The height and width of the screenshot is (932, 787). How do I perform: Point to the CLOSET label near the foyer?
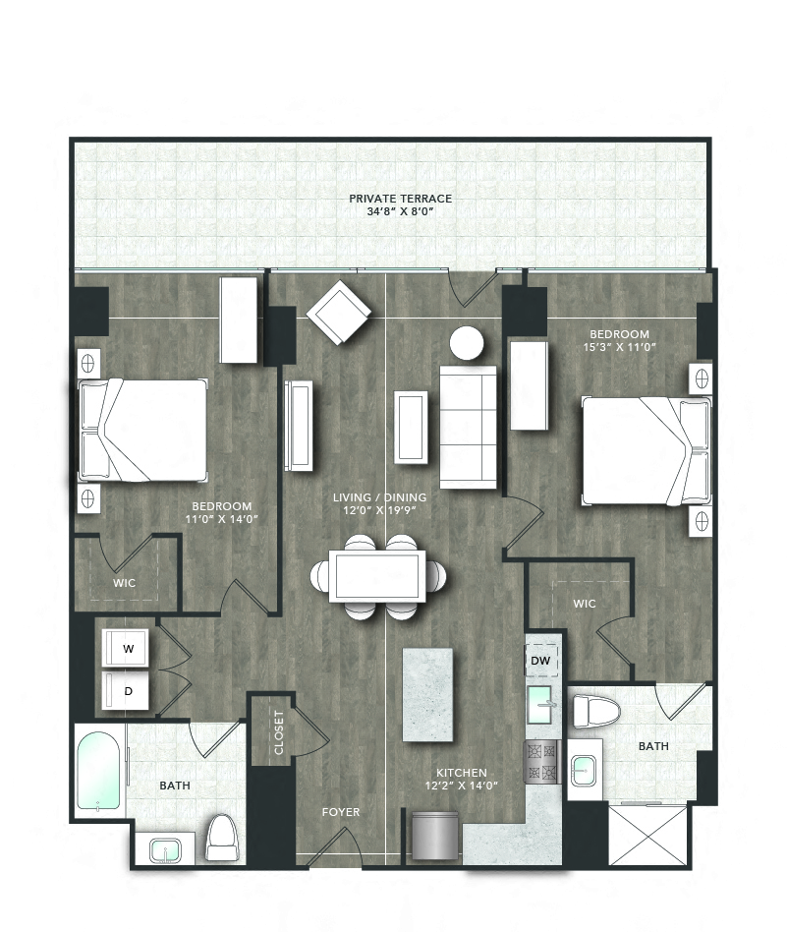tap(280, 731)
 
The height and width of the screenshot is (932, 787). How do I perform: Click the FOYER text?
tap(340, 812)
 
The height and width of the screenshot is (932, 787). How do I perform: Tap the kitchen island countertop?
tap(427, 695)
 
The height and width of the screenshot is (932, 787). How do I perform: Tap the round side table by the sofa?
tap(467, 343)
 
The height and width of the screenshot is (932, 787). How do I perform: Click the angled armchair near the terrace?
tap(339, 313)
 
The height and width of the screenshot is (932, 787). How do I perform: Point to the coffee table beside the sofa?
tap(410, 426)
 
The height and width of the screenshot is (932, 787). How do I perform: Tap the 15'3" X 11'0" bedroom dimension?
tap(619, 347)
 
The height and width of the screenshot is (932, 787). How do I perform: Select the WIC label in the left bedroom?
tap(124, 583)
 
